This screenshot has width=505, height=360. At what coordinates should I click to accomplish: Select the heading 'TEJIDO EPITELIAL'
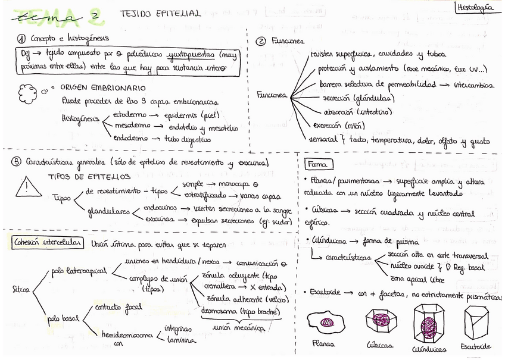coord(160,12)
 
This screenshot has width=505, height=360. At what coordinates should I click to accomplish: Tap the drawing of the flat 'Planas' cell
coord(326,323)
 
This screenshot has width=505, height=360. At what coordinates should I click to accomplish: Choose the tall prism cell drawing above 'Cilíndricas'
coord(428,324)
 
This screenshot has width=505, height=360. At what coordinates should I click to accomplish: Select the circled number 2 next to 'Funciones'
coord(260,41)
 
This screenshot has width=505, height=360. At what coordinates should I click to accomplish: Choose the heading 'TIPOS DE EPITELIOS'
coord(89,176)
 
